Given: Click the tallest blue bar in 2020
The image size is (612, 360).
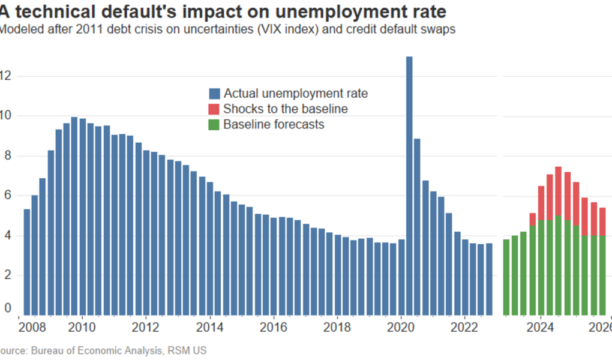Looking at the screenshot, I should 409,186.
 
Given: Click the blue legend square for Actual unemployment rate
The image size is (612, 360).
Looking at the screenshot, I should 214,94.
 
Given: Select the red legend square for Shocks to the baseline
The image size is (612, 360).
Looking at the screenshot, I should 214,109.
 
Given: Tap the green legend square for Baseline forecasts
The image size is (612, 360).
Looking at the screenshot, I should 214,125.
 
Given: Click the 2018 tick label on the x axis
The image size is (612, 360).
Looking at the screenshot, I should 337,328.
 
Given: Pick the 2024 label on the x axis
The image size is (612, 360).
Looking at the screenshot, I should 541,328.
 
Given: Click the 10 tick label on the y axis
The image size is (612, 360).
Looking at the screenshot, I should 6,116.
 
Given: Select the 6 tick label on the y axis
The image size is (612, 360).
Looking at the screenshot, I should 6,196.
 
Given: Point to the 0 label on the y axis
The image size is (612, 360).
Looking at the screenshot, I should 6,308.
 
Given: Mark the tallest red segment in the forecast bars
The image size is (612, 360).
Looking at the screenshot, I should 558,191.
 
